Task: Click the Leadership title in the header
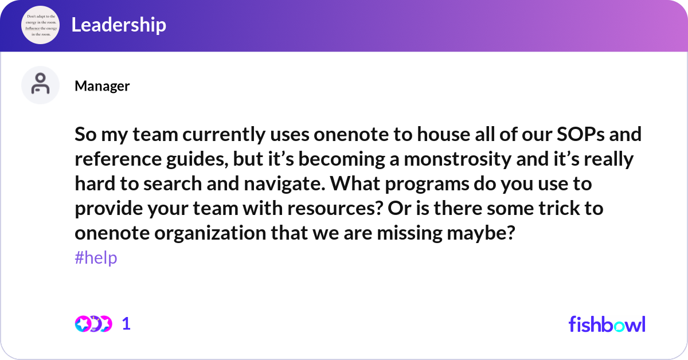[119, 25]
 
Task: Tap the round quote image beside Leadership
[40, 25]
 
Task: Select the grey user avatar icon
[40, 85]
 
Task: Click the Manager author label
[102, 86]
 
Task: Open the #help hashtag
[96, 258]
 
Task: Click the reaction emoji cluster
[93, 324]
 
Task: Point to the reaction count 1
[126, 324]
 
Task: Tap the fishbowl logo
[607, 324]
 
